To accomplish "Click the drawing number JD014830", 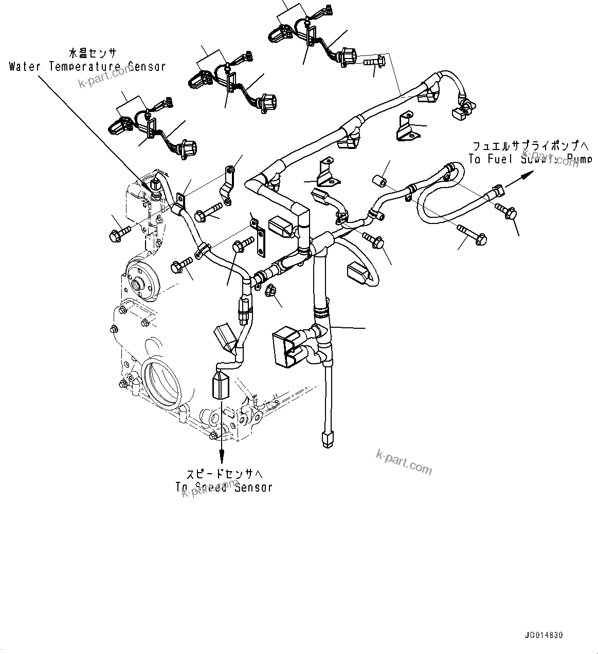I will point(544,636).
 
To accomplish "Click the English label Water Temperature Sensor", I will point(87,66).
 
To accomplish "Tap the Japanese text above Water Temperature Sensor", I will point(93,53).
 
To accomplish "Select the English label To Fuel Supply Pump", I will point(530,160).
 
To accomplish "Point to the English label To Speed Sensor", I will point(224,487).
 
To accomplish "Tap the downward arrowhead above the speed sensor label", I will point(222,454).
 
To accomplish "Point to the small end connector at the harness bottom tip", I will point(327,440).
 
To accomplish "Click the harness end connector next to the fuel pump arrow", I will point(496,191).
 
